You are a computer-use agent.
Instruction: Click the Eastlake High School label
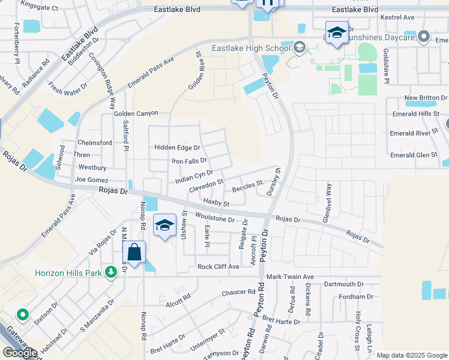(x=250, y=49)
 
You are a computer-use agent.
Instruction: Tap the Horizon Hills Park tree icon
(x=110, y=273)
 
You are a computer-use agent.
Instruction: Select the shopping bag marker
(x=134, y=253)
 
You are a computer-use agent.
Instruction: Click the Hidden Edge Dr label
(x=176, y=148)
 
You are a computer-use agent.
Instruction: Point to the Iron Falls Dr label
(x=189, y=161)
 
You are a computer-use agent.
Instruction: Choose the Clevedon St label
(x=206, y=185)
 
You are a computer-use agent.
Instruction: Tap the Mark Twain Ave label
(x=291, y=277)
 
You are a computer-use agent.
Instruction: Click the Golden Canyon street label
(x=136, y=113)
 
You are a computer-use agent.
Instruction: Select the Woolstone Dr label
(x=214, y=218)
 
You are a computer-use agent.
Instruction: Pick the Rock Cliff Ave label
(x=218, y=266)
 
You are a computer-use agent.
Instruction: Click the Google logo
(x=20, y=352)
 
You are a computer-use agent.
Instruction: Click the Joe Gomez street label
(x=92, y=179)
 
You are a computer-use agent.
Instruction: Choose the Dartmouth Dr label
(x=341, y=284)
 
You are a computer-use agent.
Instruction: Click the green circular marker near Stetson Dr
(x=23, y=314)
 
